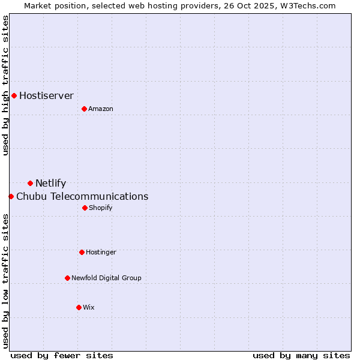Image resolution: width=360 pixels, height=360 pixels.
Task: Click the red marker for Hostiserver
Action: pyautogui.click(x=14, y=95)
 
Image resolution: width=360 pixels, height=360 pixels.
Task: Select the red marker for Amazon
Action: pyautogui.click(x=84, y=109)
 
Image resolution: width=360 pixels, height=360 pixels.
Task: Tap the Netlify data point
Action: pyautogui.click(x=30, y=183)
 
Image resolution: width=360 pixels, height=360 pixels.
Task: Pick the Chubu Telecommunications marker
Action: pyautogui.click(x=11, y=196)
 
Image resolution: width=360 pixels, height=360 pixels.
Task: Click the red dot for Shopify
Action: pyautogui.click(x=85, y=208)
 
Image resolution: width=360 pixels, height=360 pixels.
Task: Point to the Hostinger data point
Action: pyautogui.click(x=82, y=252)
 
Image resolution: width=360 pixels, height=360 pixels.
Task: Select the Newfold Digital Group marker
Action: pyautogui.click(x=67, y=278)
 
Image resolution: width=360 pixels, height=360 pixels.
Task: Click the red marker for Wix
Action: pyautogui.click(x=79, y=307)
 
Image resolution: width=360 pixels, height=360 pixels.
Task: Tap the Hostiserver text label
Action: pyautogui.click(x=46, y=95)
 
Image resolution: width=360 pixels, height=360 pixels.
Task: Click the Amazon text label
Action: pyautogui.click(x=101, y=109)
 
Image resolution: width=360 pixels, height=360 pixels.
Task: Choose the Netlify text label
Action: pyautogui.click(x=50, y=183)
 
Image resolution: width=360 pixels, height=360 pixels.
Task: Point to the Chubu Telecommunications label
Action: pyautogui.click(x=82, y=196)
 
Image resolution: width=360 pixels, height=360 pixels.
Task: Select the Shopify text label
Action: pyautogui.click(x=100, y=208)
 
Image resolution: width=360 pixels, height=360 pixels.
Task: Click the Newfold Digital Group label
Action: pyautogui.click(x=106, y=278)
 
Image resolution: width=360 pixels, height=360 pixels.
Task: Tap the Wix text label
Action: pyautogui.click(x=89, y=307)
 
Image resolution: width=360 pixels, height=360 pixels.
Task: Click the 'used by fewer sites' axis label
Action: pyautogui.click(x=62, y=355)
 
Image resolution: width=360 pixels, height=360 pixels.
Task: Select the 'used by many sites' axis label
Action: pyautogui.click(x=301, y=355)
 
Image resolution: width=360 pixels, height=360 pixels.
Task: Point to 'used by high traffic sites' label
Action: pyautogui.click(x=5, y=85)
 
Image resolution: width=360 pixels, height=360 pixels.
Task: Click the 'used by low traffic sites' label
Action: pyautogui.click(x=5, y=281)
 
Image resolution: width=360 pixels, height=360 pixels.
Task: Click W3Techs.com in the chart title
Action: pyautogui.click(x=305, y=5)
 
